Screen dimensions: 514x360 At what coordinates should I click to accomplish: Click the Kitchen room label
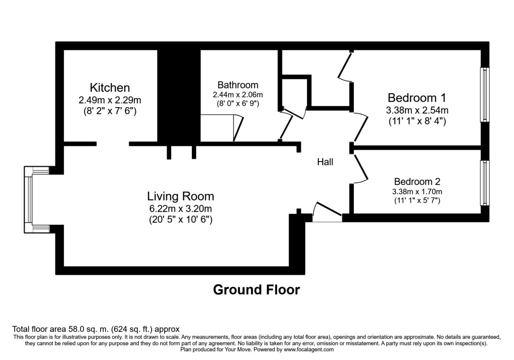tap(110, 88)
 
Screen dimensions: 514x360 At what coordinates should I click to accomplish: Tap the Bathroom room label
tap(238, 85)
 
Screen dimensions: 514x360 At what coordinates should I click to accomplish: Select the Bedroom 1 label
tap(417, 98)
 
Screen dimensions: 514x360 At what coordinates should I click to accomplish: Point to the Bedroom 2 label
tap(417, 182)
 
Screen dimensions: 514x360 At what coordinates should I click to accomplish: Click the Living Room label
tap(180, 196)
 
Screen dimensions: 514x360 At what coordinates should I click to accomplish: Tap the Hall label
tap(325, 162)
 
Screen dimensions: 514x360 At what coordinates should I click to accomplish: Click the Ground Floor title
tap(256, 290)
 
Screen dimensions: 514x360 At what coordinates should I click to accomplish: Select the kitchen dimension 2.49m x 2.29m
tap(110, 100)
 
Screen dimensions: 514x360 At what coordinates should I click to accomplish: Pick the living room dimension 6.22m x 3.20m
tap(180, 209)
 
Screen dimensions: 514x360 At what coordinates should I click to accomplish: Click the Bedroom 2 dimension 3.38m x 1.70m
tap(417, 192)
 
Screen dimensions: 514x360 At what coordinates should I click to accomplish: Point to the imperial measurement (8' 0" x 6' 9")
tap(238, 104)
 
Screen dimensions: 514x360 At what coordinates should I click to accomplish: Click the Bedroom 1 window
tap(484, 95)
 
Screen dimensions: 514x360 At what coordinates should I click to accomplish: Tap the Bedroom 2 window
tap(484, 183)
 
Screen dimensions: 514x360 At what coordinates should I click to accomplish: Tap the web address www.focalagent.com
tap(309, 349)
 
